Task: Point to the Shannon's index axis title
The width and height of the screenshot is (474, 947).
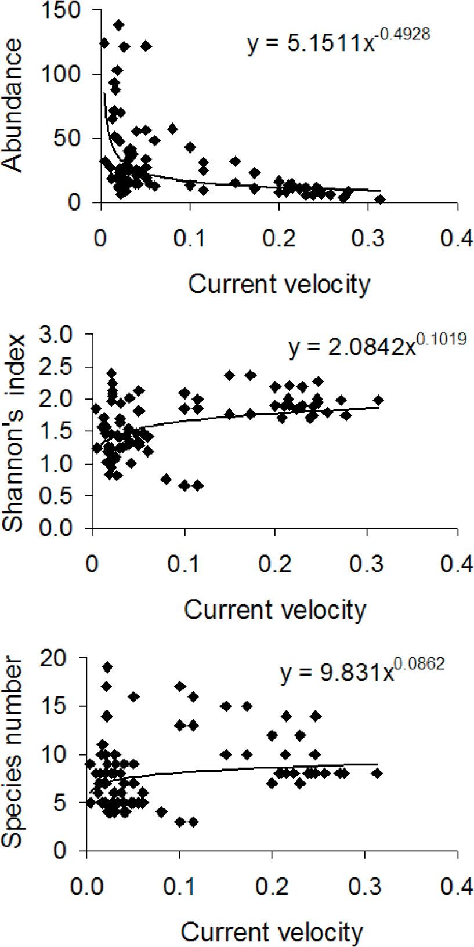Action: point(14,433)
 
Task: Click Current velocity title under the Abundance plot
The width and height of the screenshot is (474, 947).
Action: point(278,285)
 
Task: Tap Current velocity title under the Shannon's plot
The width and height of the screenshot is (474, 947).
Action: point(275,609)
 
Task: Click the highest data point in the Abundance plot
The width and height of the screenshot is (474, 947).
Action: point(119,25)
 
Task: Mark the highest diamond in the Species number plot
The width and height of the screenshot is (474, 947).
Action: point(107,667)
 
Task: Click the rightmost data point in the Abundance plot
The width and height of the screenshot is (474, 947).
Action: point(380,199)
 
